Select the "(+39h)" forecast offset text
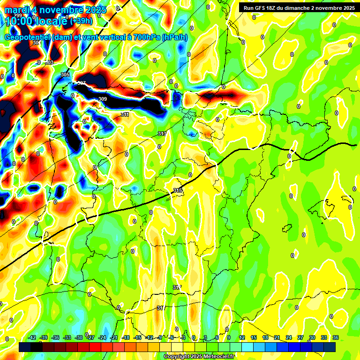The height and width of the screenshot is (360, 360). pos(81,21)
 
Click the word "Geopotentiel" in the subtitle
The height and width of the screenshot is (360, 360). pos(27,37)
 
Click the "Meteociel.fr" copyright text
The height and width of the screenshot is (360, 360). pos(217,357)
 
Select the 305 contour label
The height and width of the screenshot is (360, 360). pos(65,75)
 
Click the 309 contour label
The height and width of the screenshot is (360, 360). pos(103,99)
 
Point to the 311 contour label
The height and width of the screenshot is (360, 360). pos(125,114)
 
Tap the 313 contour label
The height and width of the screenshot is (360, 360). pos(162,134)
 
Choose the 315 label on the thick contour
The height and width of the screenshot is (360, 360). pos(178,190)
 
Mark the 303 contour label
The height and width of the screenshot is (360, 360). pos(50,62)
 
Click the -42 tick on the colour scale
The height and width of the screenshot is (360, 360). pos(32,337)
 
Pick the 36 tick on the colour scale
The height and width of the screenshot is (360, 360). pos(336,337)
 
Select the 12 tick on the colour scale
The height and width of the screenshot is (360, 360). pos(242,337)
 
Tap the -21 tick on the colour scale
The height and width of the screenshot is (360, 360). pos(114,337)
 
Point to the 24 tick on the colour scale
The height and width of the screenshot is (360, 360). pos(289,337)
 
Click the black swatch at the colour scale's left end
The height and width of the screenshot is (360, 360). pos(25,347)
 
